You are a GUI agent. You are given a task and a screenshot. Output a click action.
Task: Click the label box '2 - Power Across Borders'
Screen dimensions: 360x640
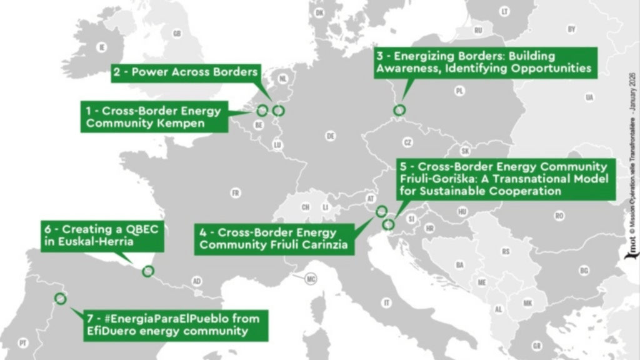[186, 72]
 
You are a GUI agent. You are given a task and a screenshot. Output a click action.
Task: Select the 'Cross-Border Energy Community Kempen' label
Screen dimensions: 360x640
[154, 117]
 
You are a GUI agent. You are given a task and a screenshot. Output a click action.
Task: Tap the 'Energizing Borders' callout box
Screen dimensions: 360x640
[484, 62]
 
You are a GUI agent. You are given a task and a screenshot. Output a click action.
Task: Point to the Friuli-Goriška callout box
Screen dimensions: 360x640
[504, 179]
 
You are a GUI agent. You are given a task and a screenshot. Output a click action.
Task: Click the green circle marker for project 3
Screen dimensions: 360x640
[399, 111]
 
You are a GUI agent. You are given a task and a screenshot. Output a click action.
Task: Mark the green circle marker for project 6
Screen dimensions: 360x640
[148, 271]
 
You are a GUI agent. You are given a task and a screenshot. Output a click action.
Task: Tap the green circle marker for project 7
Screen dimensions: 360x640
[60, 299]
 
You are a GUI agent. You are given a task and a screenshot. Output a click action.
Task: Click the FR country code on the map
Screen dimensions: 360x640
[235, 193]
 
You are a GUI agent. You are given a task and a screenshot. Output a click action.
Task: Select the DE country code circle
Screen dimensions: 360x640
[331, 136]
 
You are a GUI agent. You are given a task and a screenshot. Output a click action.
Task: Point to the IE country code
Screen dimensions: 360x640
[101, 47]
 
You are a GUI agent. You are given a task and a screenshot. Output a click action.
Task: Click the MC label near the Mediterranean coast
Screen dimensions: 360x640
[310, 279]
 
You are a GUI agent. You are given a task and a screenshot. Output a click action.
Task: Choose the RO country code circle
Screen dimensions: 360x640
[559, 216]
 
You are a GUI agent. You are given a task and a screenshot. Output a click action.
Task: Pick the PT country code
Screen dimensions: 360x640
[23, 343]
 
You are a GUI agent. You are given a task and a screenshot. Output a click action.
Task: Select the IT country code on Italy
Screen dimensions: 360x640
[387, 302]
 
